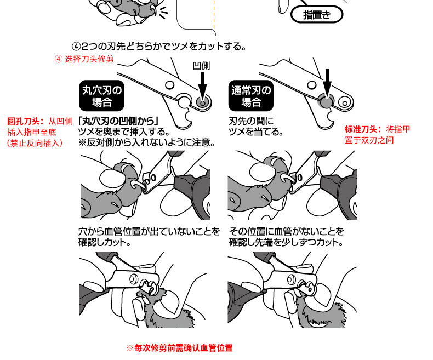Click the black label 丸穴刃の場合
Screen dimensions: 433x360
click(102, 95)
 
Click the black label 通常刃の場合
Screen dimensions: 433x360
click(252, 95)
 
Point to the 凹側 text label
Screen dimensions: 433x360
click(201, 65)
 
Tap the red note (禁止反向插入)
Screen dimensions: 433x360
click(34, 143)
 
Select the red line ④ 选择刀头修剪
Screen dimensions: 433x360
click(84, 59)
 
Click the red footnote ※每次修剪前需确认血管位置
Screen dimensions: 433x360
click(179, 348)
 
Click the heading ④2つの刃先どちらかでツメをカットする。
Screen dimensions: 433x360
click(159, 45)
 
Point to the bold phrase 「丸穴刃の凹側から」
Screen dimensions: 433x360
click(118, 122)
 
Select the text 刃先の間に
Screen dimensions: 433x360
click(250, 122)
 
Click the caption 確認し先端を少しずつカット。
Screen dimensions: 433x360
click(286, 242)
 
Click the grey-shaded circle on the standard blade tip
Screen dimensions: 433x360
click(326, 100)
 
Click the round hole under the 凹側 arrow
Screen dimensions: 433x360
click(203, 101)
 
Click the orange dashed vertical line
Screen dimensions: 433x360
click(214, 16)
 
